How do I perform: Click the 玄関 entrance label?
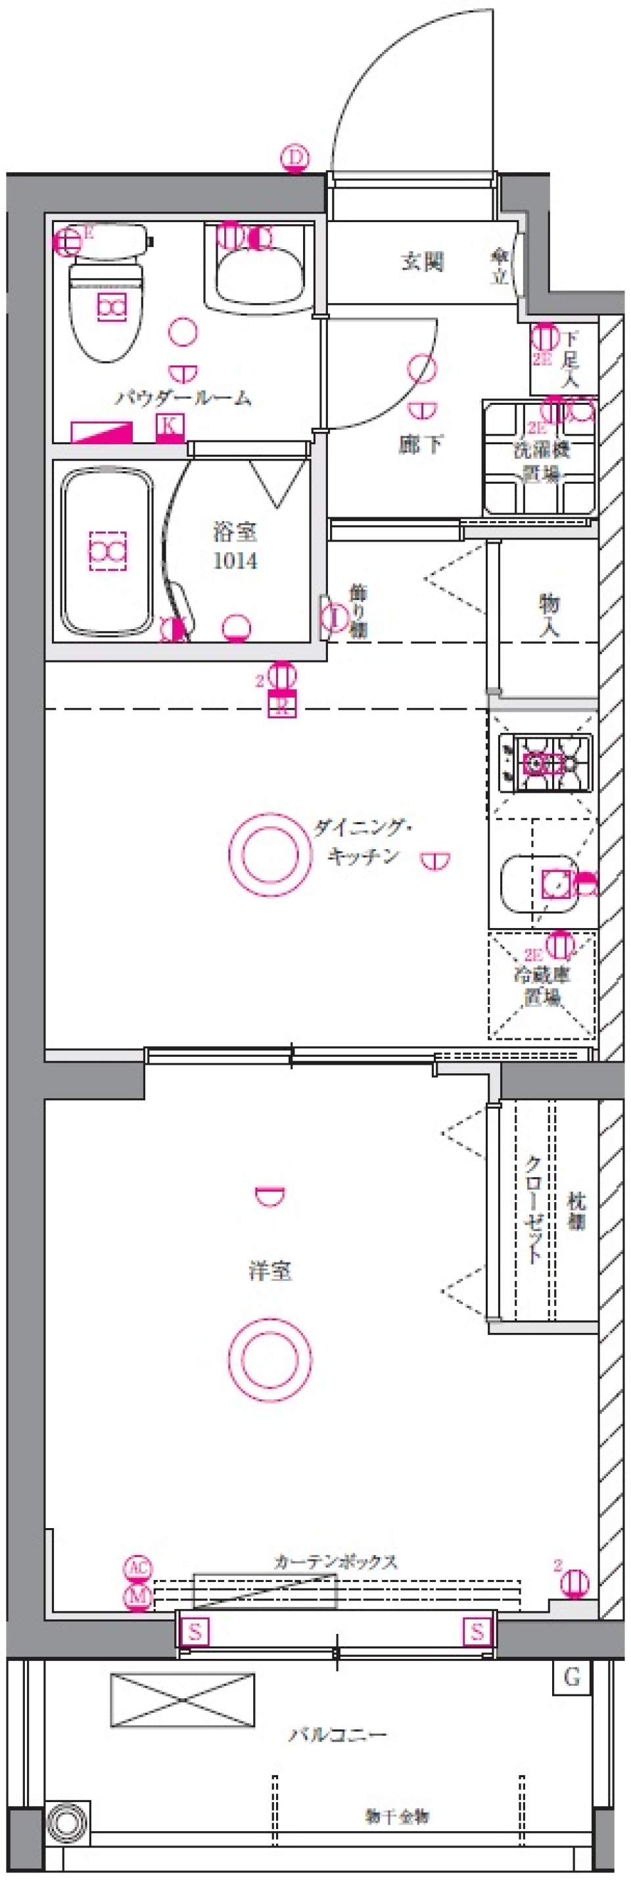422,261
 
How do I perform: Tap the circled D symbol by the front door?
294,157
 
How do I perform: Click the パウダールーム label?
183,398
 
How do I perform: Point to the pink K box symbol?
170,425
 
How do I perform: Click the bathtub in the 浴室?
106,551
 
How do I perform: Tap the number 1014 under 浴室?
235,561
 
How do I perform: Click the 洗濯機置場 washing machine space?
540,460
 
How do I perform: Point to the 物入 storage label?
549,614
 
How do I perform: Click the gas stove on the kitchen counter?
544,764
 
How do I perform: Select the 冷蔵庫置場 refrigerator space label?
542,985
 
